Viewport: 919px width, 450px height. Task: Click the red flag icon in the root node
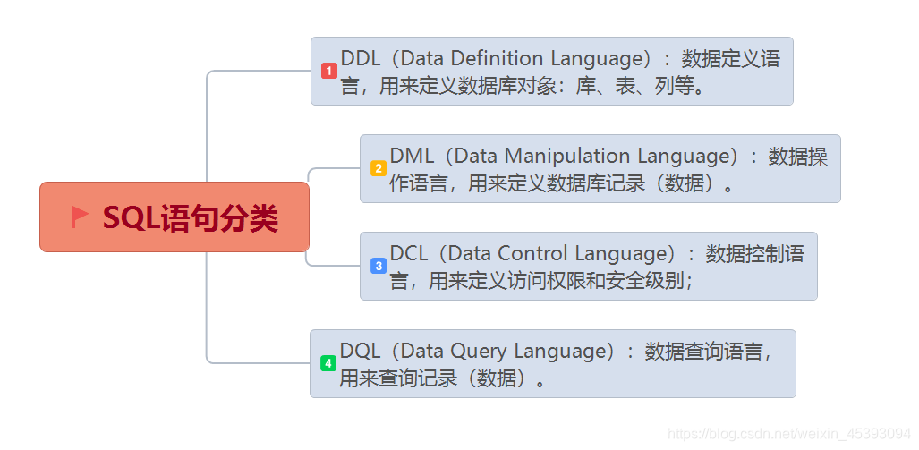point(80,217)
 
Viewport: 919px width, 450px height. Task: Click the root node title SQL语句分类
point(191,218)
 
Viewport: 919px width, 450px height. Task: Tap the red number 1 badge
point(328,71)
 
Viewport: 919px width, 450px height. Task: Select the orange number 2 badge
point(378,168)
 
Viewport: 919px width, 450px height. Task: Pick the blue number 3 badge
point(378,266)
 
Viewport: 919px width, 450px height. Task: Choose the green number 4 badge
point(328,363)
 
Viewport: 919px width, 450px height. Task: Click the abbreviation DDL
point(362,59)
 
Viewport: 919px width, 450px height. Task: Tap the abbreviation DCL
point(410,254)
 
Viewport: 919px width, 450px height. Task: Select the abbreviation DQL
point(361,352)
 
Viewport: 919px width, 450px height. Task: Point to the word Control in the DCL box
point(532,254)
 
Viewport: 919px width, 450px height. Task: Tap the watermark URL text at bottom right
point(789,434)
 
